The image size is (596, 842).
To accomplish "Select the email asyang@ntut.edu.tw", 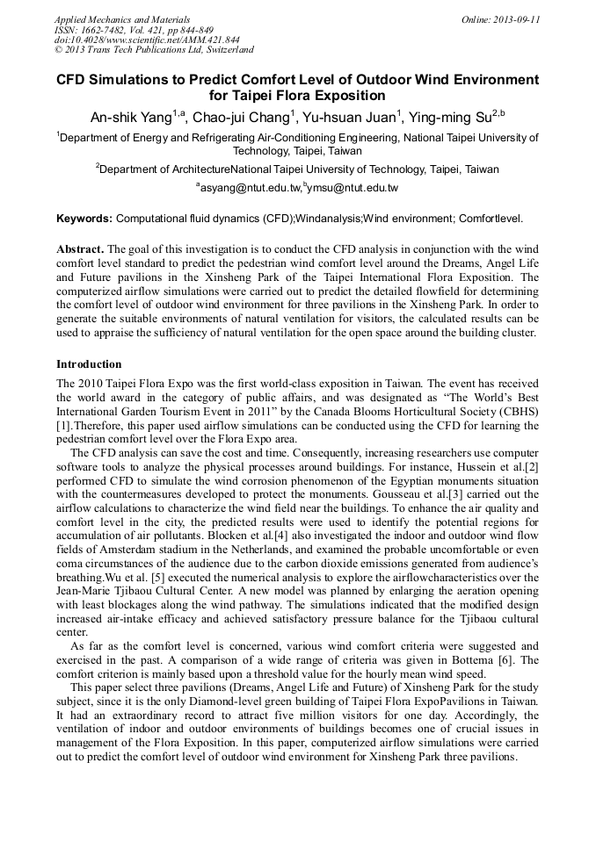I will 249,188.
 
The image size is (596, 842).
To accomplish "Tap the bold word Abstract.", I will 80,248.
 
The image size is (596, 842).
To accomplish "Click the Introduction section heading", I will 89,363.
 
